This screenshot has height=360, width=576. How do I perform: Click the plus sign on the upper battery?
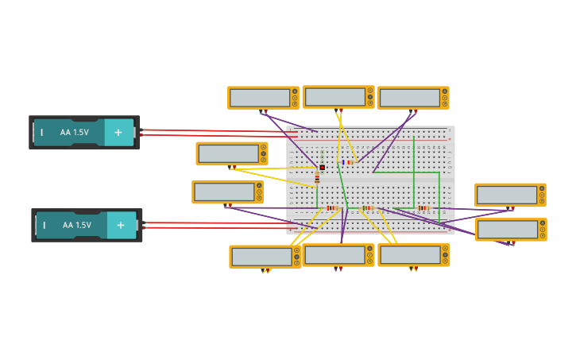(x=118, y=133)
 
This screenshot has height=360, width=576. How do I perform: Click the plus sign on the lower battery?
(x=122, y=226)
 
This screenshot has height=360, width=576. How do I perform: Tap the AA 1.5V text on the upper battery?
(x=75, y=133)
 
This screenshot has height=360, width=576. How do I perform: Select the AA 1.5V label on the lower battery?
(x=77, y=226)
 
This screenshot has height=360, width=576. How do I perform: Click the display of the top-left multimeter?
(x=259, y=97)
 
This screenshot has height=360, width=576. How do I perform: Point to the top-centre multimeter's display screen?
(x=334, y=96)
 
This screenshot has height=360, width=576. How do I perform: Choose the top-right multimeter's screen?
(x=409, y=97)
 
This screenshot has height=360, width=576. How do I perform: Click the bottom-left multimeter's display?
(x=261, y=257)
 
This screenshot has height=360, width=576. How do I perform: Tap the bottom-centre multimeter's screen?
(x=334, y=255)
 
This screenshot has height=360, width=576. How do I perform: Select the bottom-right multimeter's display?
(x=410, y=255)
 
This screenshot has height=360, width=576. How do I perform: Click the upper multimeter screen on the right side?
(x=506, y=195)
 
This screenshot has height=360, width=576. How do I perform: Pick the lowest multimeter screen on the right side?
(x=507, y=230)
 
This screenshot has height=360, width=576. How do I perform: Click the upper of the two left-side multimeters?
(x=228, y=153)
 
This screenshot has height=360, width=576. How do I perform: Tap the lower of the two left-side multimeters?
(x=224, y=192)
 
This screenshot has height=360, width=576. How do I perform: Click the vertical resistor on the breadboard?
(x=317, y=177)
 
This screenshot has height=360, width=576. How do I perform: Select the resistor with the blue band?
(x=348, y=162)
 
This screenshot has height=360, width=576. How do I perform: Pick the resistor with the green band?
(x=367, y=208)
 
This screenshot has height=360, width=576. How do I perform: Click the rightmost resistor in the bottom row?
(x=423, y=208)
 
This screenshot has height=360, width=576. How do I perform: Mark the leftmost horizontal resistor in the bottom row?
(x=331, y=208)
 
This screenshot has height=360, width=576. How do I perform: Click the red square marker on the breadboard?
(x=323, y=168)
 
